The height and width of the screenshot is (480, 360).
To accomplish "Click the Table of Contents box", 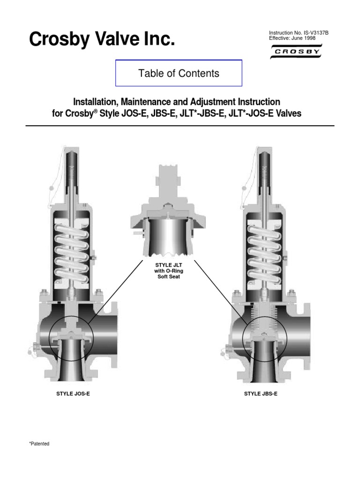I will tap(179, 73).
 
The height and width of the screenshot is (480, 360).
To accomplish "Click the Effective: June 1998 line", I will tap(292, 38).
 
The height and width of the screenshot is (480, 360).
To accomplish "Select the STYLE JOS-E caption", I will tap(73, 394).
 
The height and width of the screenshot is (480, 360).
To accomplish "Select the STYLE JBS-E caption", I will tap(261, 394).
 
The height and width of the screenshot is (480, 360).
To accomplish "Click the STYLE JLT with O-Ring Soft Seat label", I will tap(167, 270).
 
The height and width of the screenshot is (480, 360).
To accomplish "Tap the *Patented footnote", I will tap(39, 443).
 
